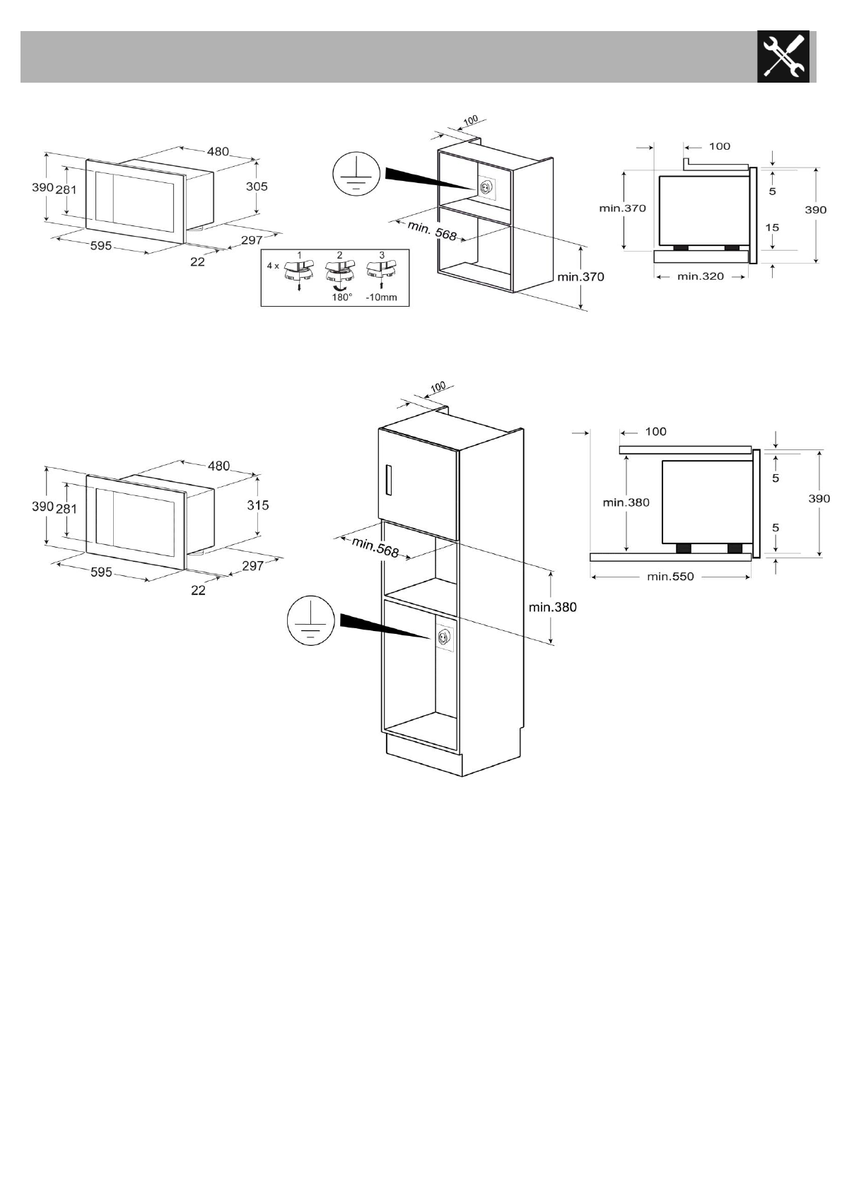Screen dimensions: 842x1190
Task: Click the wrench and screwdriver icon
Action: click(783, 57)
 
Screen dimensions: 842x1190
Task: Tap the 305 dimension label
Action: click(257, 187)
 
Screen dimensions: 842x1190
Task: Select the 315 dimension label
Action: click(258, 505)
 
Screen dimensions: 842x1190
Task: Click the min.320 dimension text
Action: click(700, 276)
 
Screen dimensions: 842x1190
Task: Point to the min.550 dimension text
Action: click(670, 577)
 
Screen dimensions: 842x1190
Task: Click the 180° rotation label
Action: click(341, 297)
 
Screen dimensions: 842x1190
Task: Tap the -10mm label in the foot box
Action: click(381, 297)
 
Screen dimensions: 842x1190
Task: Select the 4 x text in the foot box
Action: click(273, 266)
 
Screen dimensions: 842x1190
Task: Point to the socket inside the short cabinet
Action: click(486, 188)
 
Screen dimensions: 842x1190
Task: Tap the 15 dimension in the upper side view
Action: click(772, 228)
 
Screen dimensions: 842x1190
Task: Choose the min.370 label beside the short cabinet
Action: click(580, 277)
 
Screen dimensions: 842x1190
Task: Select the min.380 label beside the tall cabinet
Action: click(552, 607)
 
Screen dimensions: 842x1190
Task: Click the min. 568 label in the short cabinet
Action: click(433, 230)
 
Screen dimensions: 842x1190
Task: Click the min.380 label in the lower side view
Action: click(626, 502)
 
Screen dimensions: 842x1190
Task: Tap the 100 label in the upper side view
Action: click(719, 146)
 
